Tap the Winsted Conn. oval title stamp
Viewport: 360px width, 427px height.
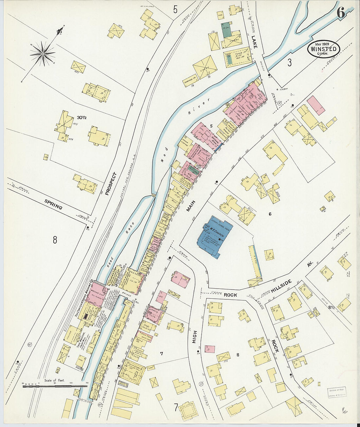point(324,49)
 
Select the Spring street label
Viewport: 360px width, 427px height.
point(53,204)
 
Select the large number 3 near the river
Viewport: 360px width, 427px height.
point(289,63)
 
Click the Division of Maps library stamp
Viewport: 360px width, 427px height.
point(337,392)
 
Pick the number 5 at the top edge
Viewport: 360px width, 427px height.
point(175,10)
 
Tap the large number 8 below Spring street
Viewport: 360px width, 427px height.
point(55,240)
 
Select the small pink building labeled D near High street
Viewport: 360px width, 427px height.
point(210,349)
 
